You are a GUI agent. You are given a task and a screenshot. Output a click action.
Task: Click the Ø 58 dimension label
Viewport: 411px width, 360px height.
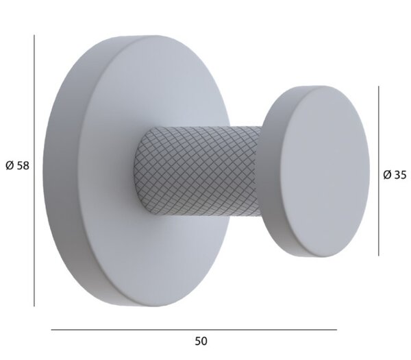pyautogui.click(x=17, y=166)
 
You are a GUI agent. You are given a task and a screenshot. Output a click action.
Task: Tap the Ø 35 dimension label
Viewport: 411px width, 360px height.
pyautogui.click(x=395, y=175)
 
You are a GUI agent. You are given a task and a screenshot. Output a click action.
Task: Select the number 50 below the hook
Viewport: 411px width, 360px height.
pyautogui.click(x=201, y=341)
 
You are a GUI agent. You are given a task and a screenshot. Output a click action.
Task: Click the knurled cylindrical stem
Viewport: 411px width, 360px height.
pyautogui.click(x=197, y=171)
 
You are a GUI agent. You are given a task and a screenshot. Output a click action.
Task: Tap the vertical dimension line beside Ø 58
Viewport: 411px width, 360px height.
pyautogui.click(x=34, y=171)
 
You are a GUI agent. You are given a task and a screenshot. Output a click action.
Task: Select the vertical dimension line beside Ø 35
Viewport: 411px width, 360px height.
pyautogui.click(x=379, y=171)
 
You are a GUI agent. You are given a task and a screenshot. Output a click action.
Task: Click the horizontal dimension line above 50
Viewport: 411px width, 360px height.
pyautogui.click(x=194, y=330)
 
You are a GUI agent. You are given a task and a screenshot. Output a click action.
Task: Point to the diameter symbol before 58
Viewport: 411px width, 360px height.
pyautogui.click(x=10, y=166)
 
